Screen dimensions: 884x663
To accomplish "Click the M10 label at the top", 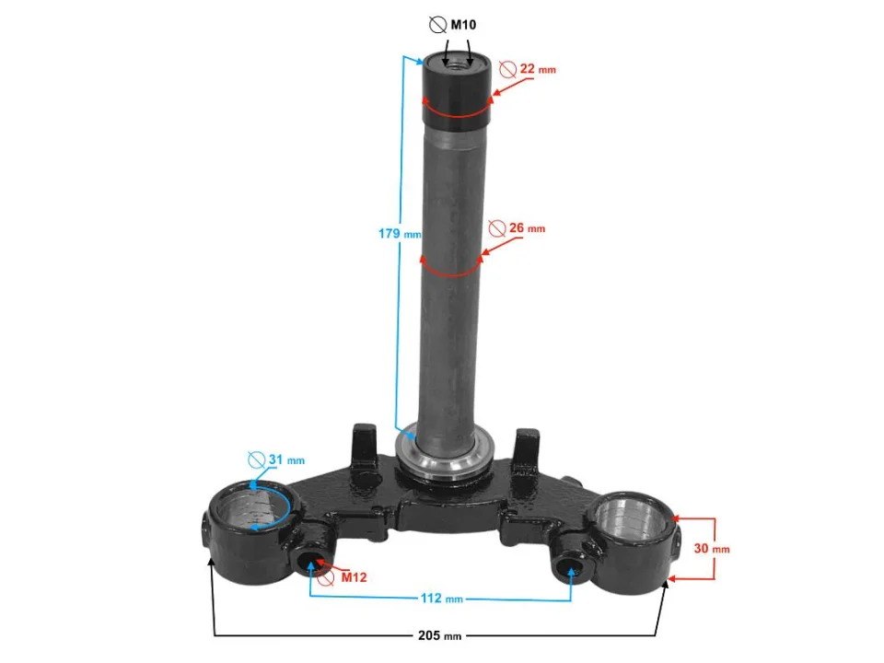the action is click(x=463, y=25).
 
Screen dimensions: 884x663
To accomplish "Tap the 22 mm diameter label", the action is click(x=537, y=69).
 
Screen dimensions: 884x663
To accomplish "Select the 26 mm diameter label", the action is click(x=527, y=227).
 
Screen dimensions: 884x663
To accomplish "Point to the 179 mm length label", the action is click(x=399, y=233).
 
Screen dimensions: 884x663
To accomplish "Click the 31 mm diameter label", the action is click(x=286, y=459).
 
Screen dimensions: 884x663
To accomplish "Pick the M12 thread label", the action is click(x=354, y=577).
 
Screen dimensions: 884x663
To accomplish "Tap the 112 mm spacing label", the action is click(x=441, y=599).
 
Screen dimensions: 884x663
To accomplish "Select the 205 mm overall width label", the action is click(x=440, y=635).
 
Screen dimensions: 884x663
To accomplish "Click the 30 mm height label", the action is click(x=712, y=548).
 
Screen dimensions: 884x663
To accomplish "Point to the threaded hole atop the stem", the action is click(x=456, y=65).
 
